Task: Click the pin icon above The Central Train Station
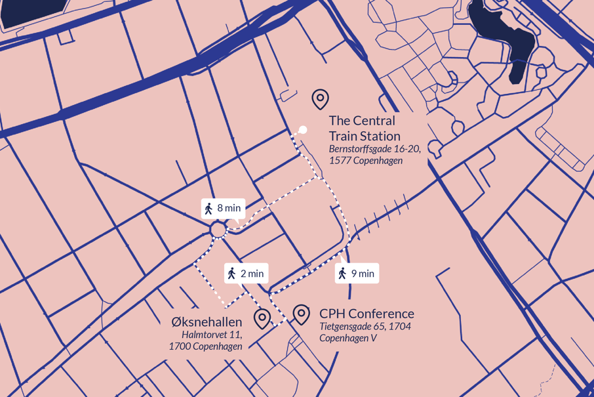coord(320,99)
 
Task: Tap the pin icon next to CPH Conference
coord(301,314)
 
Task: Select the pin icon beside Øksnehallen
coord(262,319)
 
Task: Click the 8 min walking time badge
coord(223,209)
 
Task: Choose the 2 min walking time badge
coord(246,274)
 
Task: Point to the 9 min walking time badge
coord(356,274)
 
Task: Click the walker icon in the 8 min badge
coord(208,209)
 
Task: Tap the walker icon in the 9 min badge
coord(342,274)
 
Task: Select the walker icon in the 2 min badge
coord(231,274)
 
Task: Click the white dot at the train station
coord(303,130)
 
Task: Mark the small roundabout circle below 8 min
coord(218,230)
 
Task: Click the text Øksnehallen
coord(207,322)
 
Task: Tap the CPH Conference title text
coord(366,314)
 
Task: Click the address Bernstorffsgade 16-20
coord(374,149)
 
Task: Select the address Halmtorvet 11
coord(212,335)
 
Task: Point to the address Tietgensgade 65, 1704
coord(365,326)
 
